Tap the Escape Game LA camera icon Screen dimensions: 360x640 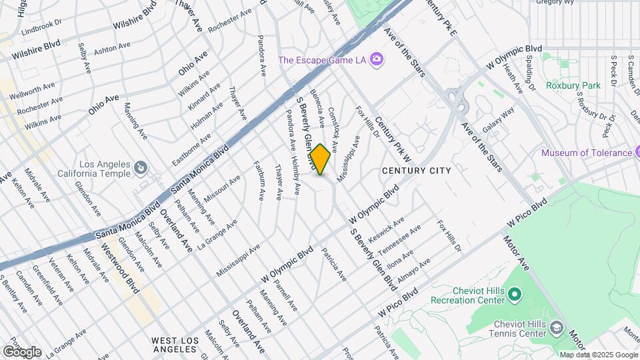377,59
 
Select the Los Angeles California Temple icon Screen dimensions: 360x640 141,167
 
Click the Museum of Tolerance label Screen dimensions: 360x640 586,153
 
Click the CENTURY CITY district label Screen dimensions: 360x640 416,171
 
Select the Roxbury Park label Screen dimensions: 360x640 573,85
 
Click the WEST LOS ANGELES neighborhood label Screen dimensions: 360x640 175,345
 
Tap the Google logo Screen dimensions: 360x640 22,351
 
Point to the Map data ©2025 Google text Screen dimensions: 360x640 598,355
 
